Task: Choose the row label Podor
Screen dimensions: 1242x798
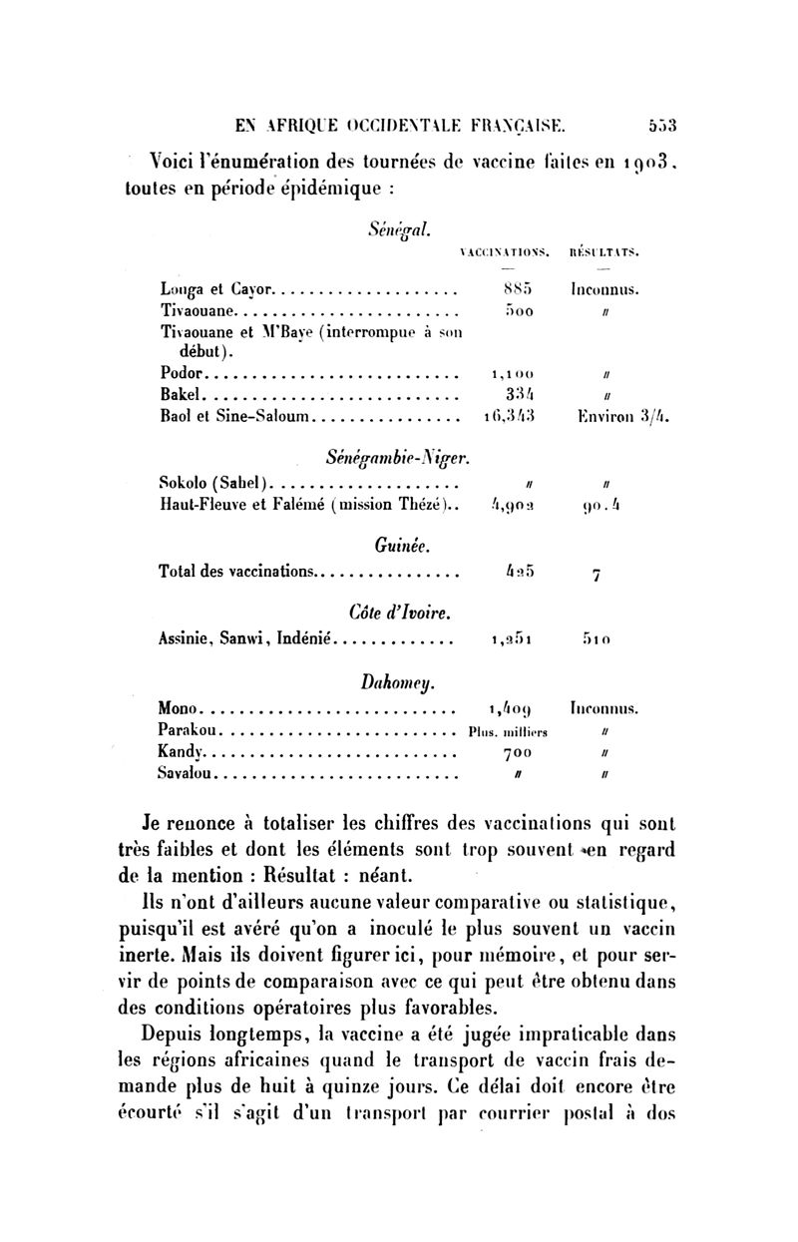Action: (181, 374)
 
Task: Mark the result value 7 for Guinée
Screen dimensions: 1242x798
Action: (595, 576)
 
